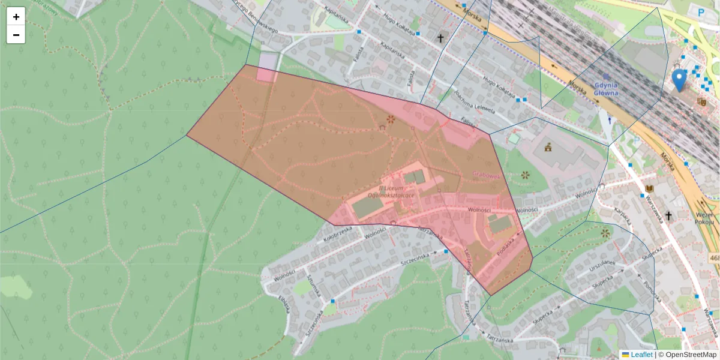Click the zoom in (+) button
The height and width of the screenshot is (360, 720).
point(16,17)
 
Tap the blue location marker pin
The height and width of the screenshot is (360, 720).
point(679,80)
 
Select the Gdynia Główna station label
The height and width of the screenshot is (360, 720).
point(605,89)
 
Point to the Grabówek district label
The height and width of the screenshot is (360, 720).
point(487,175)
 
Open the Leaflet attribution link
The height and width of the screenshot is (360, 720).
point(641,355)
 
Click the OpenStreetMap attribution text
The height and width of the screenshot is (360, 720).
point(690,355)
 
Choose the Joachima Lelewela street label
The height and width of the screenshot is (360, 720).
point(474,103)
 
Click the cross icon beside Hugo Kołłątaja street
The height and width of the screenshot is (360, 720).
point(440,38)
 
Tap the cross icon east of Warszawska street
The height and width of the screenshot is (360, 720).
point(668,214)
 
